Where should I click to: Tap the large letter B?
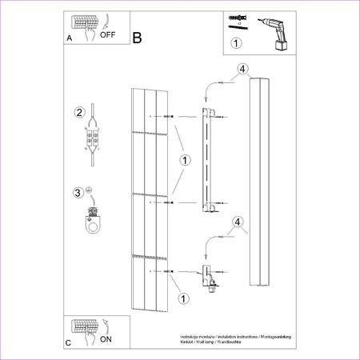137,38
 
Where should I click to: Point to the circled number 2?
79,112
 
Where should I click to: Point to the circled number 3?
78,192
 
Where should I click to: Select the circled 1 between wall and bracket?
186,161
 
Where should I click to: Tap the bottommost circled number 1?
184,299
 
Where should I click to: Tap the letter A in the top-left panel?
68,38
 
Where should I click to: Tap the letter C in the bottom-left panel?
68,342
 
